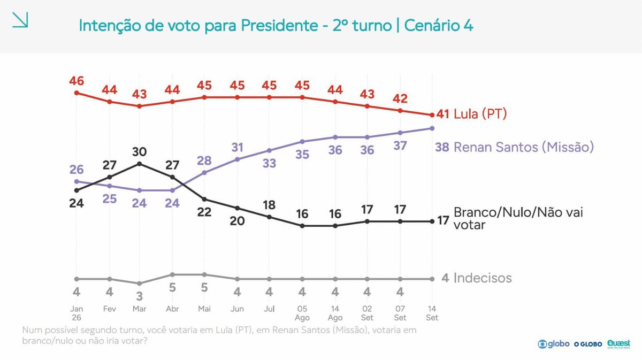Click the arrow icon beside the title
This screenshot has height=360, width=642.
pyautogui.click(x=20, y=20)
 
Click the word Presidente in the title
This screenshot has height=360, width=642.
pyautogui.click(x=279, y=26)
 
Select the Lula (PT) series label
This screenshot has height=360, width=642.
pyautogui.click(x=480, y=114)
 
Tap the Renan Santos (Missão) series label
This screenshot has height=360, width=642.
pyautogui.click(x=524, y=147)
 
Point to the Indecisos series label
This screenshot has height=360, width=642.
pyautogui.click(x=483, y=278)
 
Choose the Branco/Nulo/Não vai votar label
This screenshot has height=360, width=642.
pyautogui.click(x=518, y=218)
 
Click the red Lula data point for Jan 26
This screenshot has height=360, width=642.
pyautogui.click(x=77, y=93)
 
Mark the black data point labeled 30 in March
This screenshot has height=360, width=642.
pyautogui.click(x=139, y=164)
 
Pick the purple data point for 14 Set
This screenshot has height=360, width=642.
pyautogui.click(x=432, y=128)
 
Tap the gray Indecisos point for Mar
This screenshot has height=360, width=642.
pyautogui.click(x=139, y=284)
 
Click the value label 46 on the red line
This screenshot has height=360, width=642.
pyautogui.click(x=77, y=81)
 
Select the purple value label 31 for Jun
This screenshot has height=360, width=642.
pyautogui.click(x=238, y=147)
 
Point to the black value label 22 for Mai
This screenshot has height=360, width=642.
pyautogui.click(x=204, y=212)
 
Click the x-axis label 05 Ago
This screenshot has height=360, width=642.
pyautogui.click(x=302, y=313)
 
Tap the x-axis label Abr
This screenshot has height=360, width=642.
pyautogui.click(x=172, y=309)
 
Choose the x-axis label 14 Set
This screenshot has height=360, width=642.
pyautogui.click(x=432, y=313)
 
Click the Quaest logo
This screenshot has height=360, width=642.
pyautogui.click(x=618, y=343)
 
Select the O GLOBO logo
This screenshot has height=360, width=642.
pyautogui.click(x=588, y=344)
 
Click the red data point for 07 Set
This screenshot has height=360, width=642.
pyautogui.click(x=400, y=111)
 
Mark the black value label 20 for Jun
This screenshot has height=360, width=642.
pyautogui.click(x=237, y=221)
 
